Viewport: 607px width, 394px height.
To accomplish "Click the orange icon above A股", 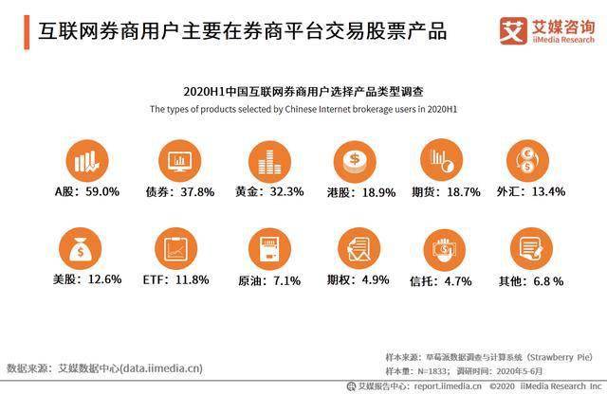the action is pos(87,161).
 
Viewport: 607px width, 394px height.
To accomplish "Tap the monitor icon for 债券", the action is pos(179,161).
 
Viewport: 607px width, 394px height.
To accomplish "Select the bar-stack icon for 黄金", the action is pos(269,162).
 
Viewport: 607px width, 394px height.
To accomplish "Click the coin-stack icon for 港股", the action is pos(355,162).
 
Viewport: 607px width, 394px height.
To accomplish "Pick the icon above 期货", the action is pos(442,160).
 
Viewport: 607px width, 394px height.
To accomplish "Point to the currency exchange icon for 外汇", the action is pos(527,161).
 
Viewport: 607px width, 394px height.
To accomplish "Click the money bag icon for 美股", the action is pos(80,249).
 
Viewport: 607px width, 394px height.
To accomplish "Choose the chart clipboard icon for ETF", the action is pos(175,249).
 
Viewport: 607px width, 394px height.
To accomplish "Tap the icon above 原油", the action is pos(269,249).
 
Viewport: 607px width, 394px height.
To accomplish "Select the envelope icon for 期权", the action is pos(359,249).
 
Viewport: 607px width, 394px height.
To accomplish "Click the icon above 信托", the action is pos(445,250).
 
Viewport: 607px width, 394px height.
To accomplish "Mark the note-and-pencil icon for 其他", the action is pos(531,249).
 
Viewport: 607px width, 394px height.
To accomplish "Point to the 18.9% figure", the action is pos(378,192).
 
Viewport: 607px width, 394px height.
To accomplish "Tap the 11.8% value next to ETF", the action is pos(193,279).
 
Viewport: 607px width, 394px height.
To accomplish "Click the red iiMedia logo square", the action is pos(513,31).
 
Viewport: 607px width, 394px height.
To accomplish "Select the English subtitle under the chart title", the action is pos(303,109).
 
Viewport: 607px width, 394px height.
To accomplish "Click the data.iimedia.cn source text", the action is pos(161,368).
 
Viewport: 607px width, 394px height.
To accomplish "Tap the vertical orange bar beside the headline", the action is pos(27,32).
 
